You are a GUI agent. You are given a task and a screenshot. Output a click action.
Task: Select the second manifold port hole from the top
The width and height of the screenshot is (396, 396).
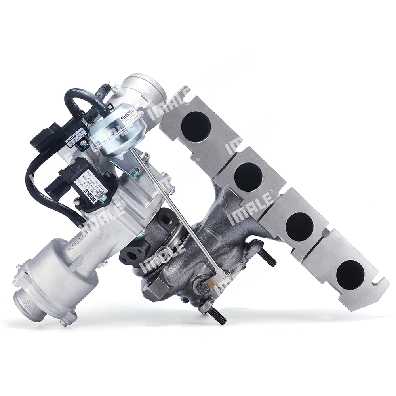click(x=248, y=177)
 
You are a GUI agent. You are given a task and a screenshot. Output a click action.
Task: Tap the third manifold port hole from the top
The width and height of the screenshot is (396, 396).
click(x=299, y=226)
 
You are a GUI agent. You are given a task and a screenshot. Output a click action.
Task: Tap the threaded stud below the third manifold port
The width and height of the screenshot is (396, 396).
click(x=268, y=259)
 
